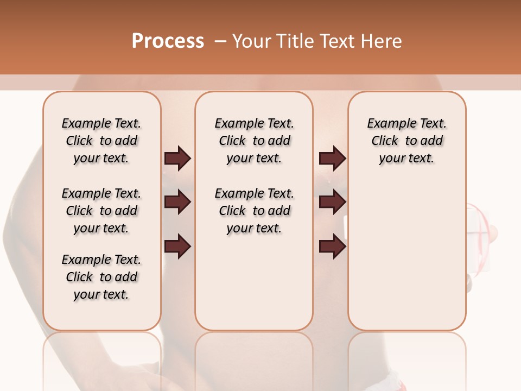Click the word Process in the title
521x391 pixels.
click(x=168, y=41)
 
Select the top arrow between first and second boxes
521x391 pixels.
click(x=177, y=158)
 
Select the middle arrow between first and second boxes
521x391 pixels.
click(x=177, y=203)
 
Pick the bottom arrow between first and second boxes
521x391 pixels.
click(x=177, y=247)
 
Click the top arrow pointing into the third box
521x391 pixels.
click(x=332, y=158)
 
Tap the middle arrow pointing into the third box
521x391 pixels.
click(x=332, y=203)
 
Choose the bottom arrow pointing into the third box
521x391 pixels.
click(x=332, y=247)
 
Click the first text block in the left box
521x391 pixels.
click(x=101, y=141)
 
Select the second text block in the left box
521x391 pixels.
click(x=101, y=211)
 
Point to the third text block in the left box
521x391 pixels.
click(x=101, y=277)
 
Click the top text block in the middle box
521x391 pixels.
click(x=254, y=141)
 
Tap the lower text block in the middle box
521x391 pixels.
click(x=254, y=211)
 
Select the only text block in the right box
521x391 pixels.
click(x=406, y=141)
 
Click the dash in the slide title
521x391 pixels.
click(x=220, y=41)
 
